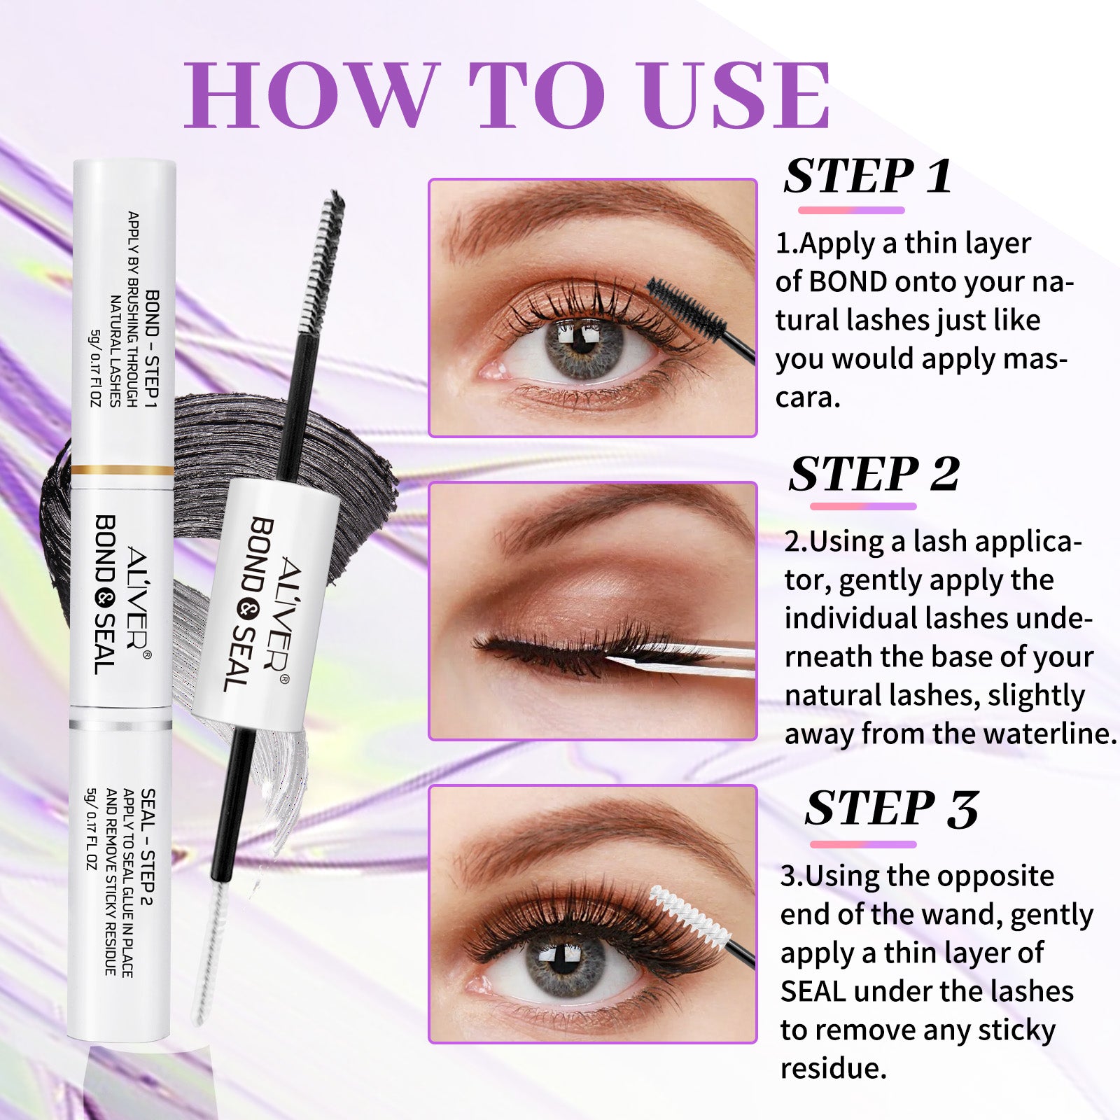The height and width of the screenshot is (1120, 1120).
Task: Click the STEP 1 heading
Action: (868, 176)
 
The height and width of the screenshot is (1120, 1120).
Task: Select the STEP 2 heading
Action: (874, 474)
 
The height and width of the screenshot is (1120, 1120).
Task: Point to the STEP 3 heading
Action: (891, 809)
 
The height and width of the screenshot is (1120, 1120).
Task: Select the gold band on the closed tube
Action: (122, 470)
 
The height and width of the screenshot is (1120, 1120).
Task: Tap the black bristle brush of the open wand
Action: (321, 261)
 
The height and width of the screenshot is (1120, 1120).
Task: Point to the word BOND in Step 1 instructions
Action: (848, 282)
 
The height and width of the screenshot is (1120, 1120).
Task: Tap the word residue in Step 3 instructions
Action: (833, 1068)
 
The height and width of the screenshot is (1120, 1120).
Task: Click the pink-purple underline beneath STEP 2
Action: (863, 506)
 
